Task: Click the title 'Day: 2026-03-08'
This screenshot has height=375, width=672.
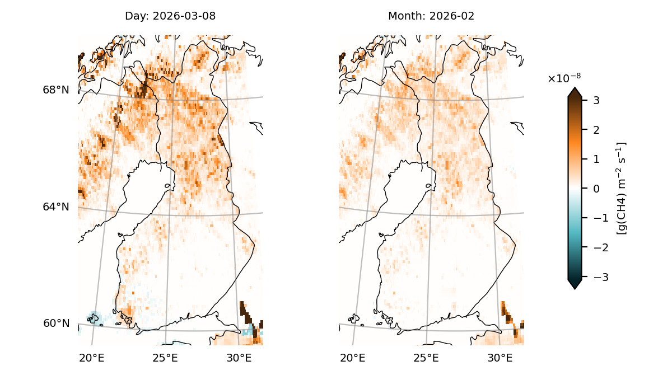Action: [170, 16]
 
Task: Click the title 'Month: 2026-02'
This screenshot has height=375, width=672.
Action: [431, 16]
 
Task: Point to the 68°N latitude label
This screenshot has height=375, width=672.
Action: [56, 90]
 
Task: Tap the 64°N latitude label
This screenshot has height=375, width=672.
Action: [56, 207]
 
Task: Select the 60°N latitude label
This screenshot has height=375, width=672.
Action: [56, 323]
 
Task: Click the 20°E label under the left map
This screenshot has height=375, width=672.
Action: [91, 358]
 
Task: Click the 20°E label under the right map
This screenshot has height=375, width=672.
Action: [353, 358]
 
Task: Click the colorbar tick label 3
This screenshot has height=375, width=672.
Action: [596, 100]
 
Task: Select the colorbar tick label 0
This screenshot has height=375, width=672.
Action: [596, 189]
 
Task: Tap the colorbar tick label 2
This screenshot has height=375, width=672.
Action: [596, 130]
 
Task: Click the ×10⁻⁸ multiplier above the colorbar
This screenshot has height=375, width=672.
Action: [560, 79]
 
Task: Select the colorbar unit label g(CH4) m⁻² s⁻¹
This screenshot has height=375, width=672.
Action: [621, 188]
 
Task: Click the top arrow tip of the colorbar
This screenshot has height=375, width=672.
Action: [575, 88]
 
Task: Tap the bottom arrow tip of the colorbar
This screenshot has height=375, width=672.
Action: [575, 288]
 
